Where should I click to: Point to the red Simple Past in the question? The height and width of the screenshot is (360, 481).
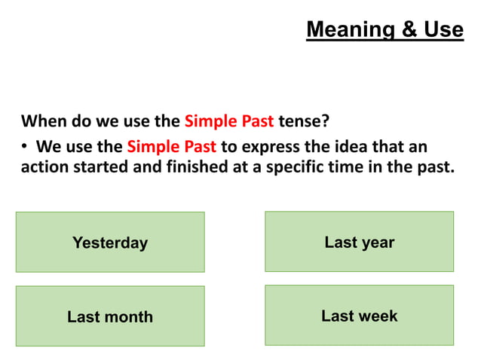pyautogui.click(x=229, y=121)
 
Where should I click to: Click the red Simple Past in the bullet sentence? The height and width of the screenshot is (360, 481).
pyautogui.click(x=172, y=145)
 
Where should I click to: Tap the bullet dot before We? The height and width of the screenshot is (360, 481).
pyautogui.click(x=25, y=146)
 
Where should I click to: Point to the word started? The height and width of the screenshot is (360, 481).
pyautogui.click(x=101, y=167)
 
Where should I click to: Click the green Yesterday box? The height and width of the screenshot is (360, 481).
pyautogui.click(x=110, y=243)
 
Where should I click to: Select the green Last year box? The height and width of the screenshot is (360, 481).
pyautogui.click(x=359, y=242)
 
